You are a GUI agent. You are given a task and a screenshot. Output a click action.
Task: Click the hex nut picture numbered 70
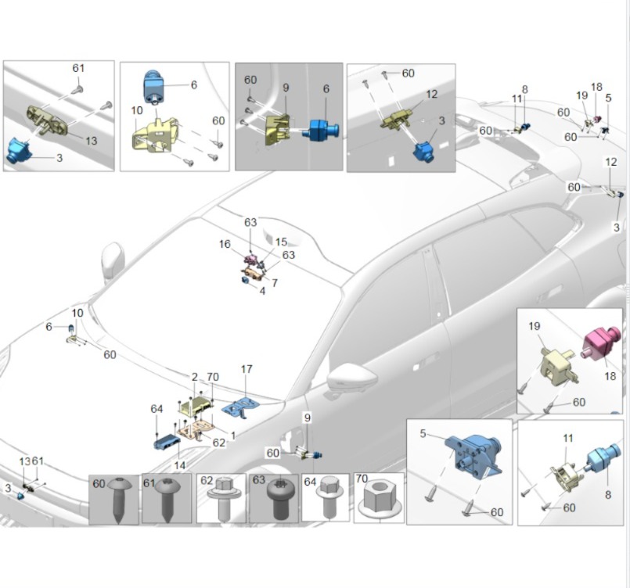click(x=379, y=502)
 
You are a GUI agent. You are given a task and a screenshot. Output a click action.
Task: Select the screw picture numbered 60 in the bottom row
click(x=114, y=500)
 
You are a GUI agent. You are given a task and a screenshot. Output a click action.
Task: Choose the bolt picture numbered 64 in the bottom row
click(x=325, y=500)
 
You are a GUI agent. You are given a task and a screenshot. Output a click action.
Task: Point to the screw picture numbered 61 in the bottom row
click(x=167, y=500)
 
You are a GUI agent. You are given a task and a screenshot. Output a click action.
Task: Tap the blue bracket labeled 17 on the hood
click(x=241, y=407)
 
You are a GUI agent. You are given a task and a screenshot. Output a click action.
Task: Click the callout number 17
click(x=247, y=369)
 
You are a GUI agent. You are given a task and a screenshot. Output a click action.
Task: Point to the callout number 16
click(x=225, y=245)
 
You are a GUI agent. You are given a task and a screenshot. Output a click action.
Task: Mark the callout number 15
click(x=281, y=242)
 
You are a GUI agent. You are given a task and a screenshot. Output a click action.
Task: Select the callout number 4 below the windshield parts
click(x=262, y=291)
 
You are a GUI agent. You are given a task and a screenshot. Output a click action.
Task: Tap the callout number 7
click(x=275, y=282)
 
